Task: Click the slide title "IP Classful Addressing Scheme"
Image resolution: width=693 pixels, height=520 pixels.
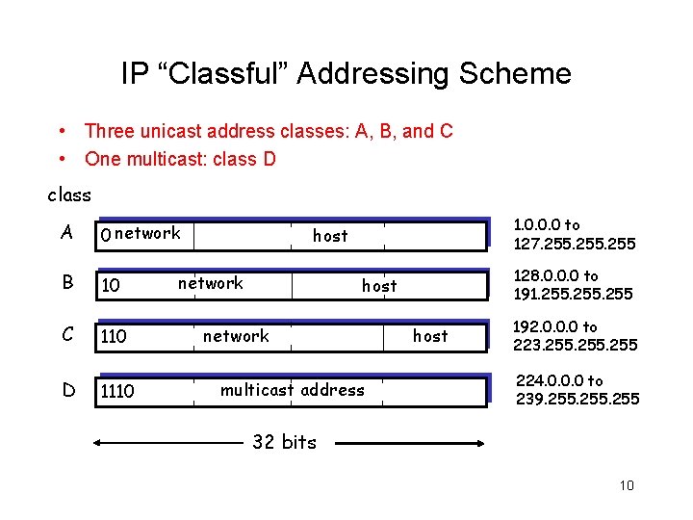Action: (x=346, y=74)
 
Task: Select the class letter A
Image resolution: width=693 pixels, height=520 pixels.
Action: (x=65, y=231)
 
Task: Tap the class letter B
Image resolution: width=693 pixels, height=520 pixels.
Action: (x=65, y=283)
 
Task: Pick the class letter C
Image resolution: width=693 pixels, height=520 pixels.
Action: (x=65, y=335)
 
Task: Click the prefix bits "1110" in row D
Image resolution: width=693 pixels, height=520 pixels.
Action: (x=117, y=391)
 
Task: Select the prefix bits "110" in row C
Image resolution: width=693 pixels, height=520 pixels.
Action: (x=114, y=338)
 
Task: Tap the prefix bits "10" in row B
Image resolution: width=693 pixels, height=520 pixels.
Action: (x=111, y=286)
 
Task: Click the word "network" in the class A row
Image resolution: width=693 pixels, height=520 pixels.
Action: (x=147, y=232)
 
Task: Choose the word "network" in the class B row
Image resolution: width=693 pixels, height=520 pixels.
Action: (x=211, y=282)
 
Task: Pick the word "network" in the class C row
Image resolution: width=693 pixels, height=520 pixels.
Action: (x=236, y=335)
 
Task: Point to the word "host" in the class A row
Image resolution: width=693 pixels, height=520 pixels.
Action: (x=330, y=235)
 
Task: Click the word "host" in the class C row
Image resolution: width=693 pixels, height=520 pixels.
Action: (x=430, y=335)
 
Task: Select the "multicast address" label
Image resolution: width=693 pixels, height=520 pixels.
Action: (x=293, y=390)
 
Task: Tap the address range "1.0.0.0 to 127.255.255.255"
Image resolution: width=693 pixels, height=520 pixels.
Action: (x=574, y=234)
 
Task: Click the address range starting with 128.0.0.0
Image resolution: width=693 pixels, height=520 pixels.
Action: (x=574, y=285)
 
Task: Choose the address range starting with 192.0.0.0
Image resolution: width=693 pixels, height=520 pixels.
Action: (x=574, y=336)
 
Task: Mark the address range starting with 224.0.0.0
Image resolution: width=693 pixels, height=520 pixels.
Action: (x=577, y=389)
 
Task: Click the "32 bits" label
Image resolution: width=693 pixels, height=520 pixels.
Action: (x=284, y=442)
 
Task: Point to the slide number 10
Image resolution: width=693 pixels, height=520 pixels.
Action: (x=627, y=484)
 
